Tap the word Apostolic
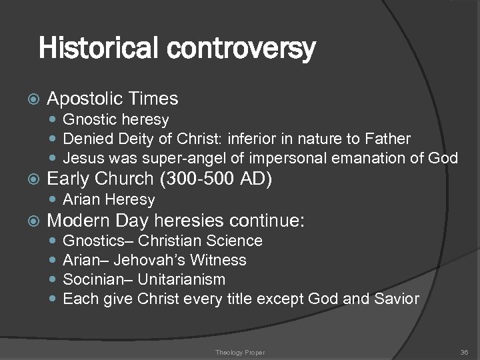pyautogui.click(x=85, y=99)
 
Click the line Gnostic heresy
pyautogui.click(x=115, y=120)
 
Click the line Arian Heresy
pyautogui.click(x=109, y=199)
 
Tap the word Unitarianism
pyautogui.click(x=184, y=279)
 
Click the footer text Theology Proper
pyautogui.click(x=239, y=351)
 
